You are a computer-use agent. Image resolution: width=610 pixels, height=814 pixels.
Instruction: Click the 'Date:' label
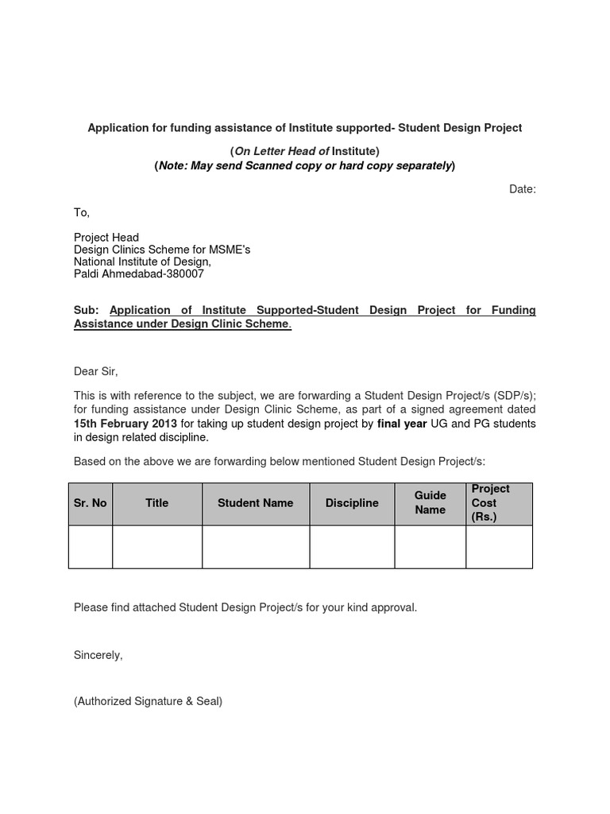522,189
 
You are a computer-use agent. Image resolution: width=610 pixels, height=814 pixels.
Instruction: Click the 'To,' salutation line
82,213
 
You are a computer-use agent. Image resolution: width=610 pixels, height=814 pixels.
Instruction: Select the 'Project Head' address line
106,238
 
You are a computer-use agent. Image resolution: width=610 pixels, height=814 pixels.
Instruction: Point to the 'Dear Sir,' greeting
95,371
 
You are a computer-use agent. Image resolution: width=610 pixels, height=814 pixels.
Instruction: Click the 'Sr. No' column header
91,503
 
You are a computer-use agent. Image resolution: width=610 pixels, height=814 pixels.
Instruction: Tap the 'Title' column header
157,503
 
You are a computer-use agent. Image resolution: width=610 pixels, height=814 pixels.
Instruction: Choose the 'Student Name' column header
256,503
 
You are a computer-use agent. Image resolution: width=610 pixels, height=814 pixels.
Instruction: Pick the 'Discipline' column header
352,503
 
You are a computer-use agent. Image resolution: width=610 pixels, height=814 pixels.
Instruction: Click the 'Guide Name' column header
430,502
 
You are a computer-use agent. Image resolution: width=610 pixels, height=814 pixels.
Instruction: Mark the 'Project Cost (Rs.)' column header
490,502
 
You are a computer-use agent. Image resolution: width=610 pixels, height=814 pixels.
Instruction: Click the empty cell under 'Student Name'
256,547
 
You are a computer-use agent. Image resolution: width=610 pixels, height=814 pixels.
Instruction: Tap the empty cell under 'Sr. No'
91,547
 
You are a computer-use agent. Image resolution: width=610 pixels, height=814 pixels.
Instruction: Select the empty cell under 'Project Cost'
499,547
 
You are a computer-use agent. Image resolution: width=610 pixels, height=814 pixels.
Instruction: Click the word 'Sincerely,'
98,655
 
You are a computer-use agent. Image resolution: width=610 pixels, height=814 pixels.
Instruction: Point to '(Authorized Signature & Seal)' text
148,702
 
